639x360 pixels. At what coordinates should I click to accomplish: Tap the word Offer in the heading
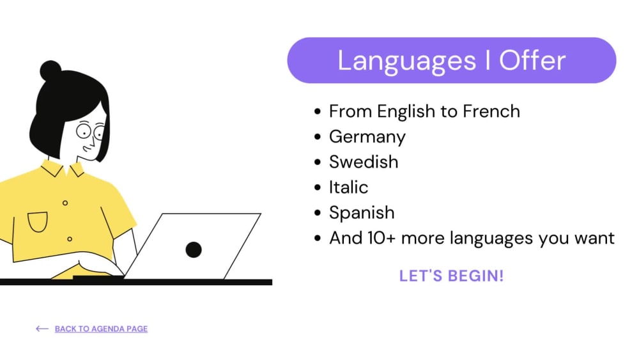[532, 61]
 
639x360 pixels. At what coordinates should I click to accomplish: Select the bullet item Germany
[367, 137]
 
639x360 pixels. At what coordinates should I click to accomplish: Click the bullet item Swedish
[363, 162]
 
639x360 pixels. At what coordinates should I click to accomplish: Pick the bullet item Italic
[348, 187]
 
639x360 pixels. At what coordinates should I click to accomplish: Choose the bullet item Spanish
[362, 213]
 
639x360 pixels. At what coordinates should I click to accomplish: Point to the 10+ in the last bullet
[381, 239]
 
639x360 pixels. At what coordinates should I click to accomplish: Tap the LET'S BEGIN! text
[451, 276]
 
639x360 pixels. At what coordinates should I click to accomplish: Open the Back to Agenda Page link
[101, 329]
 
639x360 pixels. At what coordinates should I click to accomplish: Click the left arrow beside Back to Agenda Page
[42, 329]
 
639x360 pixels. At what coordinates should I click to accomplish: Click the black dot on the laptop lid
[194, 249]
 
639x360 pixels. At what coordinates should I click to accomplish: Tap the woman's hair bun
[50, 70]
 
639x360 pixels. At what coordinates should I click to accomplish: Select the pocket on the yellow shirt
[38, 221]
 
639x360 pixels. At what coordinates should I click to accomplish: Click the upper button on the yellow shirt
[65, 203]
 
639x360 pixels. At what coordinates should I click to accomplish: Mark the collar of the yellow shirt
[63, 169]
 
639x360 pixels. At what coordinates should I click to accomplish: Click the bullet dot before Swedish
[318, 162]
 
